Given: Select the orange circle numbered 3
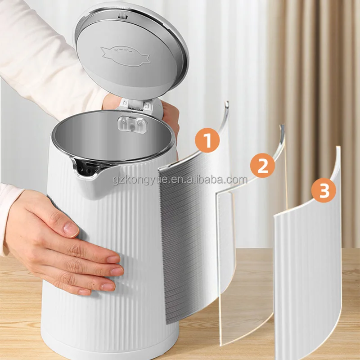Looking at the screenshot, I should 324,191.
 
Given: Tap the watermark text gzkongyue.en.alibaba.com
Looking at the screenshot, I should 180,180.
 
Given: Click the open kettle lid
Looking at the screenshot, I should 130,49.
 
